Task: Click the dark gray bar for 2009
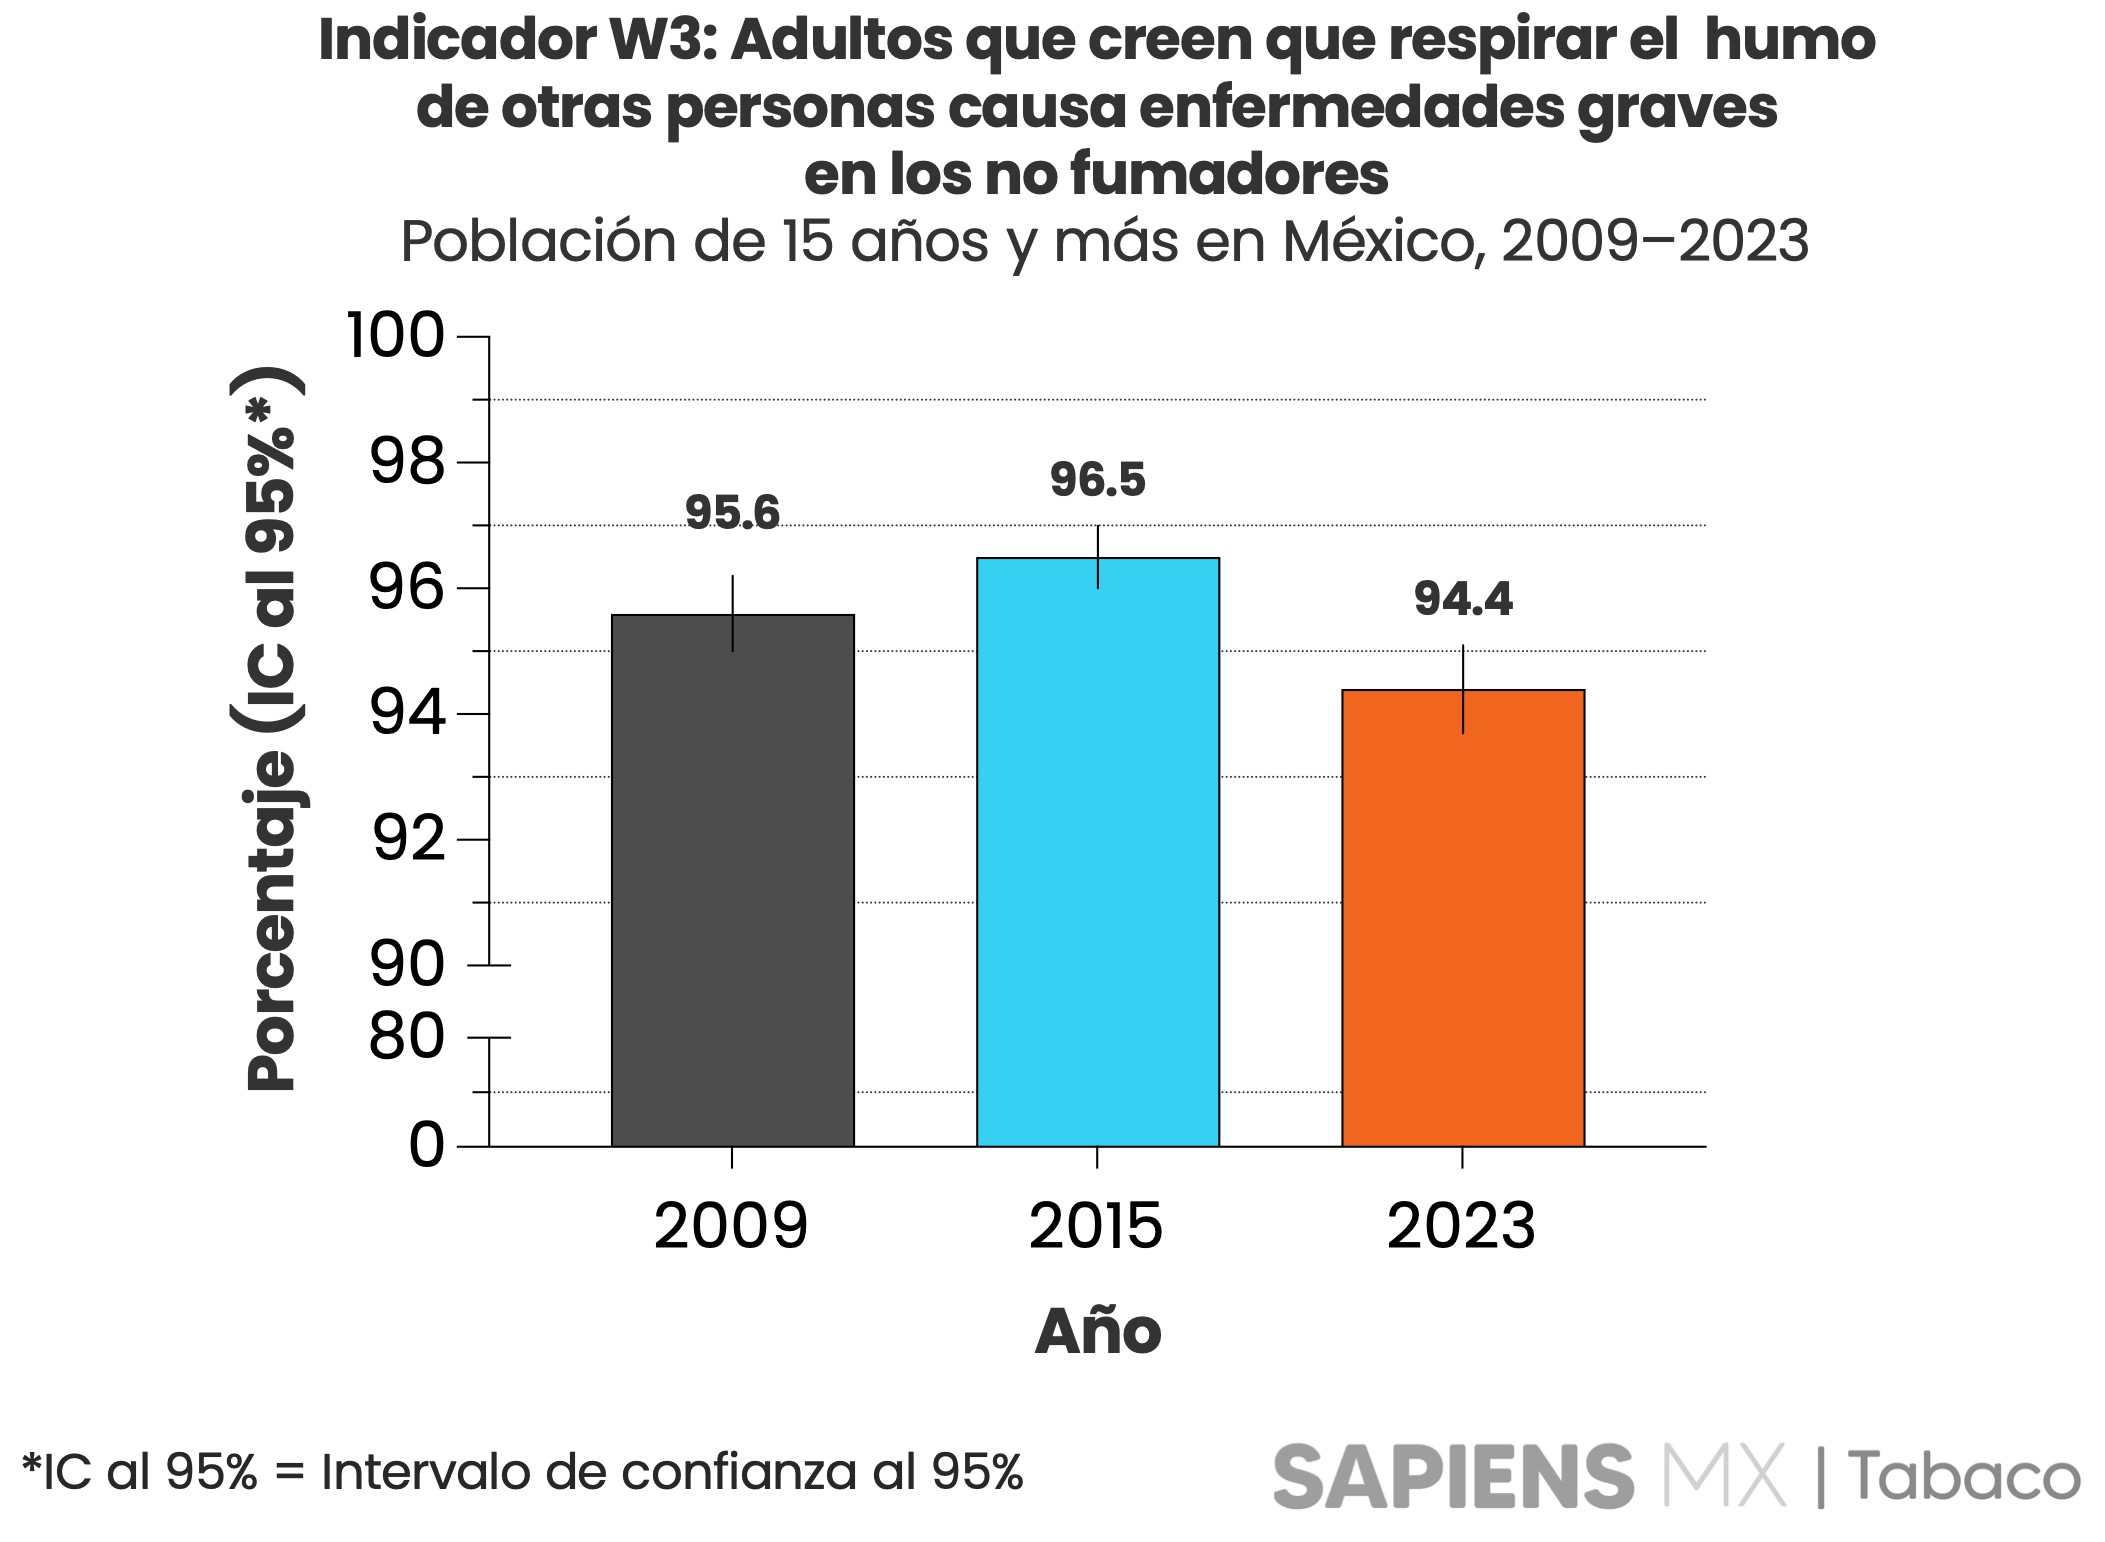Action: pyautogui.click(x=732, y=880)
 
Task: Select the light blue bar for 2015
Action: pyautogui.click(x=1097, y=851)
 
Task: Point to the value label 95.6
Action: pyautogui.click(x=732, y=513)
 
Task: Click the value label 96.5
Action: pyautogui.click(x=1097, y=480)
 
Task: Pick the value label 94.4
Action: pyautogui.click(x=1462, y=599)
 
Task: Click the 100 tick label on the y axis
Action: pyautogui.click(x=394, y=336)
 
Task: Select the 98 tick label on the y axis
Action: pyautogui.click(x=406, y=462)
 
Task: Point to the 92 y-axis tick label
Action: pyautogui.click(x=407, y=840)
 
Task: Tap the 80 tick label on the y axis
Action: pyautogui.click(x=406, y=1037)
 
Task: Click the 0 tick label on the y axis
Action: pyautogui.click(x=426, y=1145)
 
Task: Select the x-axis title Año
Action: pyautogui.click(x=1098, y=1331)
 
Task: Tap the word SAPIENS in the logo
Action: pyautogui.click(x=1452, y=1476)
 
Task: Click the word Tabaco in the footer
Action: pyautogui.click(x=1963, y=1477)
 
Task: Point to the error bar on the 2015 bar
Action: pyautogui.click(x=1098, y=556)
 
